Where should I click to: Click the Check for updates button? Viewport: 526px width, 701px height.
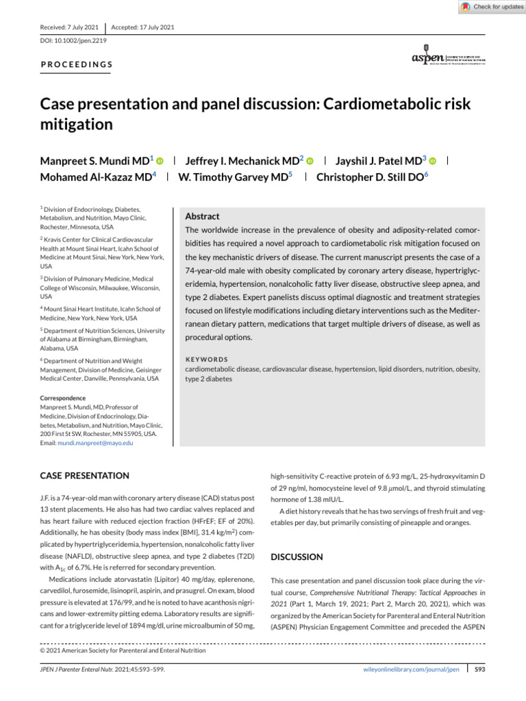pyautogui.click(x=492, y=7)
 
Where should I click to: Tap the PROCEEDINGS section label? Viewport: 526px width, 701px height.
pyautogui.click(x=77, y=64)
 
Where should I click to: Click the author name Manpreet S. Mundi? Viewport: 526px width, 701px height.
pyautogui.click(x=96, y=160)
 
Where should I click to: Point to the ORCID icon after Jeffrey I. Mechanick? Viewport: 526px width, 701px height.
pyautogui.click(x=310, y=161)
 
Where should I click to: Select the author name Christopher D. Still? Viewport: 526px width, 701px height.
pyautogui.click(x=371, y=176)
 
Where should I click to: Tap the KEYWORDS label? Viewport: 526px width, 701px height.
pyautogui.click(x=207, y=359)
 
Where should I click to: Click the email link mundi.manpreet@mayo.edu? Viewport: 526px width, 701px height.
pyautogui.click(x=99, y=444)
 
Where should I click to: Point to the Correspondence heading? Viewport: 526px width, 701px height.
pyautogui.click(x=63, y=398)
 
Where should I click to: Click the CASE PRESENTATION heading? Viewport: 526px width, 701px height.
pyautogui.click(x=84, y=475)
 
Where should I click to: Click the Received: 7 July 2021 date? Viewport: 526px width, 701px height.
pyautogui.click(x=70, y=27)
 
